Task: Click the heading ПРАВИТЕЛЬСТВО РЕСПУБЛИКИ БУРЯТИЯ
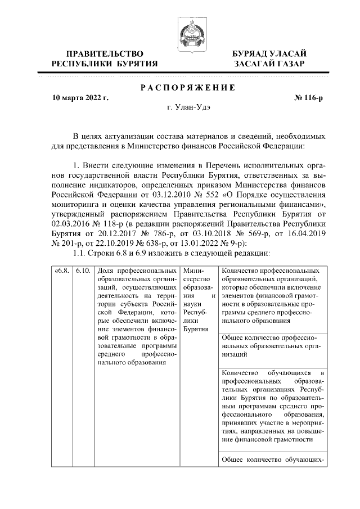pos(105,58)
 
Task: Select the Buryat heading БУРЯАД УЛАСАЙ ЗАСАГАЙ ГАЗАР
pos(269,58)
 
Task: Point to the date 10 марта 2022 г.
pos(80,98)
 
